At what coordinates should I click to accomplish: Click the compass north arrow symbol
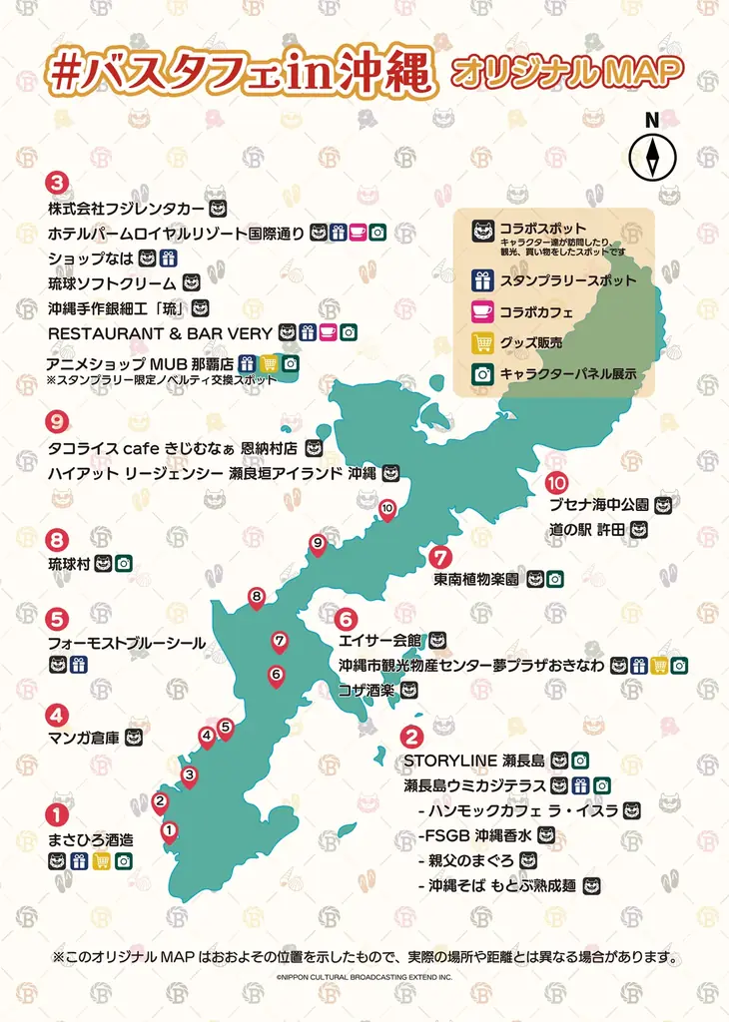pos(652,157)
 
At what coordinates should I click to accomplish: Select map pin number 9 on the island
pos(318,544)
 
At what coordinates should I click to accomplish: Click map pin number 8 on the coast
pos(257,598)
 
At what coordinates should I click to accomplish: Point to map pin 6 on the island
pos(277,676)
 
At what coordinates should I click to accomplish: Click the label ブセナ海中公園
pos(599,504)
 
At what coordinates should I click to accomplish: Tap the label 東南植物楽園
pos(476,578)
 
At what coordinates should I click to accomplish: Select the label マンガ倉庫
pos(84,739)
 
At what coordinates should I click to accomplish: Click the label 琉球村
pos(69,565)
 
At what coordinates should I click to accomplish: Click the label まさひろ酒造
pos(90,839)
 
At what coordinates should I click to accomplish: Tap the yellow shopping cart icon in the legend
pos(483,342)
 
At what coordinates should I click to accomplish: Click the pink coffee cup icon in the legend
pos(483,311)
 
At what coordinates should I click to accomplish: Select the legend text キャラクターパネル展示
pos(568,374)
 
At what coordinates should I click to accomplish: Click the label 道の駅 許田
pos(586,529)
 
